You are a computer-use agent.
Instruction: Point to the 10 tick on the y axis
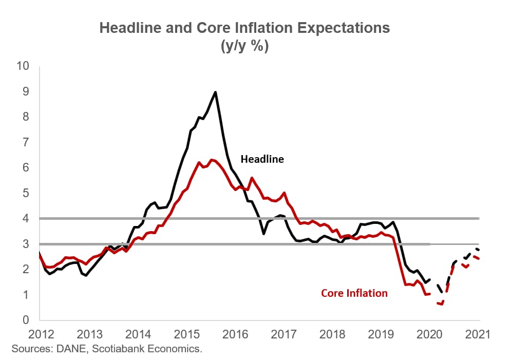[24, 66]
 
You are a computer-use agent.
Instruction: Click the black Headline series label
[262, 159]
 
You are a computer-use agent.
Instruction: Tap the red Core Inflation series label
[354, 293]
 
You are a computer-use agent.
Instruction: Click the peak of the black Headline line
[215, 92]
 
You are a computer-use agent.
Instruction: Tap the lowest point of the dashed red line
[441, 305]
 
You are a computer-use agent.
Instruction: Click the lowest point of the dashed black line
[443, 292]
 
